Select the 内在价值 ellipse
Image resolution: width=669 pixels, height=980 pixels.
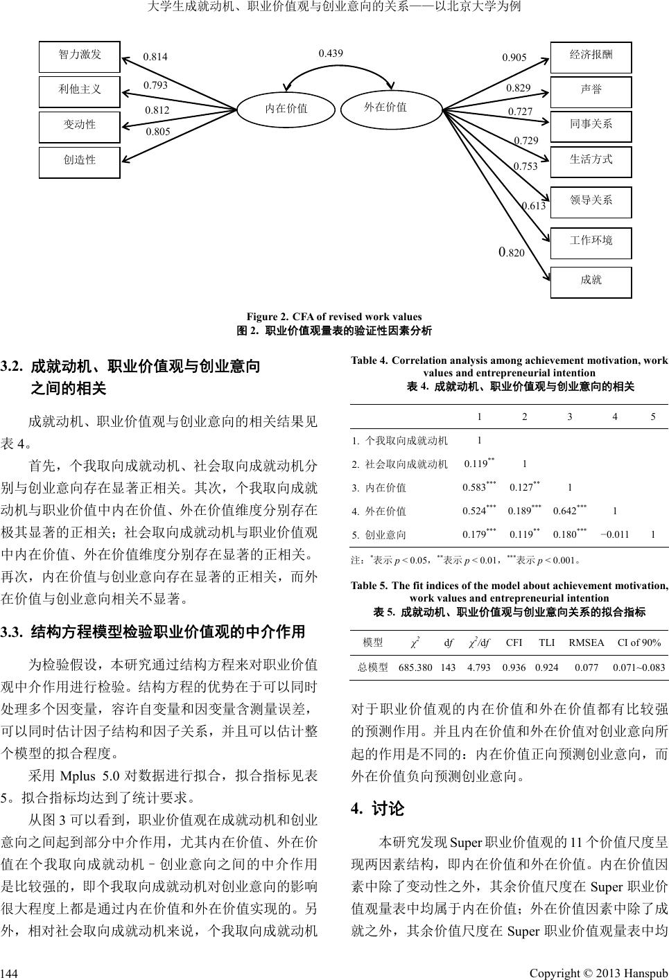[x=286, y=108]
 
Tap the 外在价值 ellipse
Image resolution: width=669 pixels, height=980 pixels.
[x=385, y=107]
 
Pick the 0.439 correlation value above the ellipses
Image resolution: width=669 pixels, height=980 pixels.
[x=331, y=53]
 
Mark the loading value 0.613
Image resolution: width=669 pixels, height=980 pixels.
[x=533, y=206]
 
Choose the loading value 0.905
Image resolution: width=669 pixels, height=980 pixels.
[x=514, y=58]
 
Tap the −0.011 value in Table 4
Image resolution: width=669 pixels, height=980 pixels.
[x=615, y=534]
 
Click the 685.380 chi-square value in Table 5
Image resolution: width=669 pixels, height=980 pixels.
[x=416, y=667]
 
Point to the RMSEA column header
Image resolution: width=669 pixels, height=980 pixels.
[x=587, y=642]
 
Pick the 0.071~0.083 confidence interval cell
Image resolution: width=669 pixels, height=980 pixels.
[x=639, y=667]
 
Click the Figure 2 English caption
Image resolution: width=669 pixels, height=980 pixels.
[x=334, y=317]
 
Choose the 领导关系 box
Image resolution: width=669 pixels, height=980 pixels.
[x=591, y=201]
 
